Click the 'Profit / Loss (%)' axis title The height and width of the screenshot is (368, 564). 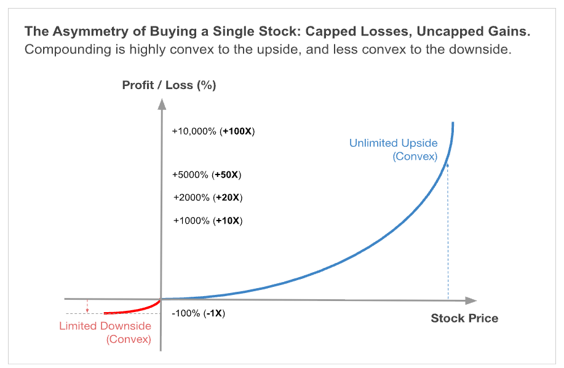coord(169,85)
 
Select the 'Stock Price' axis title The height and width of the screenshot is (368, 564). coord(464,318)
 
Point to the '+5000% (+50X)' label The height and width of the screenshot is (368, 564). coord(207,175)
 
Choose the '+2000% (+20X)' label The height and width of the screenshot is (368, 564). coord(207,198)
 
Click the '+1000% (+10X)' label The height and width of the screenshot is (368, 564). coord(208,221)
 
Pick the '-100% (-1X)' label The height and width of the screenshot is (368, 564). coord(199,313)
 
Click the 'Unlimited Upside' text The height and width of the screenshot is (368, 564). coord(393,143)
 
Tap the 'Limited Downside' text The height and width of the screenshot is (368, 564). coord(105,326)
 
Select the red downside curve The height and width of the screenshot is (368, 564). coord(132,310)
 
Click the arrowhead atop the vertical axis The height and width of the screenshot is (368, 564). coord(160,103)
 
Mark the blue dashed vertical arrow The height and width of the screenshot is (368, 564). coord(448,233)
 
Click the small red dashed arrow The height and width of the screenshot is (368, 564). coord(88,306)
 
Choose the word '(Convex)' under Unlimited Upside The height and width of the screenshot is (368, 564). coord(415,157)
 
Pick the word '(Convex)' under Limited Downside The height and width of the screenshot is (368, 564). coord(129,339)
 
